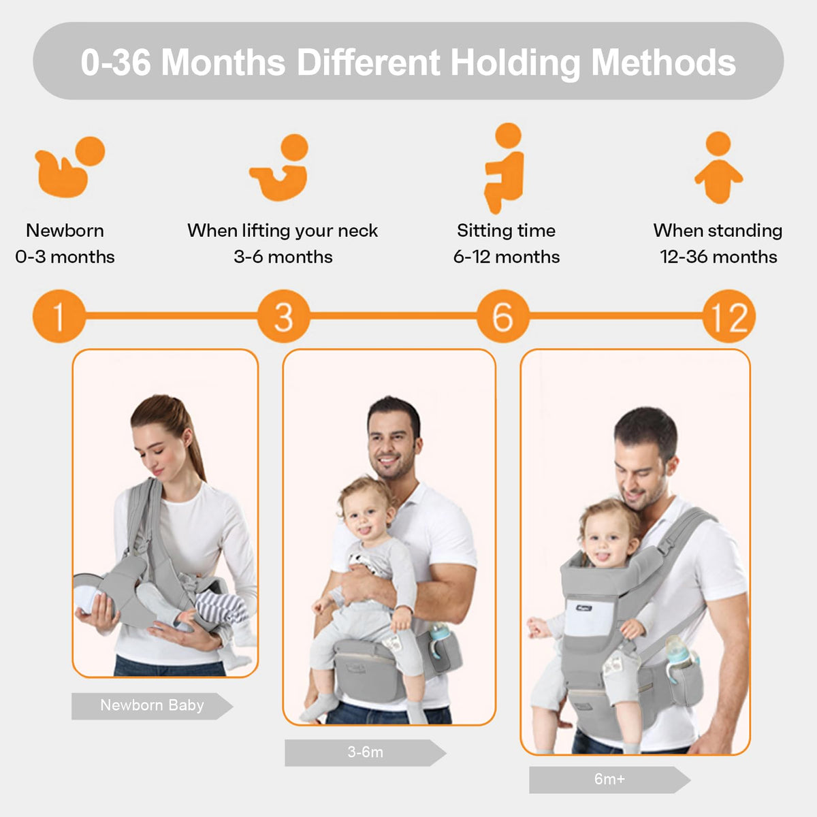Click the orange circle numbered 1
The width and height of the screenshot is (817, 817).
pyautogui.click(x=59, y=316)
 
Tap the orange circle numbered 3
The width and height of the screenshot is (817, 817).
pyautogui.click(x=283, y=316)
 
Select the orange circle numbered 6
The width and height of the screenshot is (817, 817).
pyautogui.click(x=502, y=316)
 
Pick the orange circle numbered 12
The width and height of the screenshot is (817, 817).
pyautogui.click(x=728, y=316)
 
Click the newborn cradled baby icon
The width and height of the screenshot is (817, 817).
pyautogui.click(x=68, y=167)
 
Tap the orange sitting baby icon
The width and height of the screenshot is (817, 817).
pyautogui.click(x=504, y=167)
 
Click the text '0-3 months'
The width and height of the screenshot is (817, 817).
pyautogui.click(x=65, y=257)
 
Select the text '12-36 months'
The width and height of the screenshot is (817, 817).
pyautogui.click(x=718, y=257)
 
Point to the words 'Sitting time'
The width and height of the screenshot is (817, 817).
pyautogui.click(x=506, y=231)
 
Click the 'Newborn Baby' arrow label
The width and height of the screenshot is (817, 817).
pyautogui.click(x=152, y=706)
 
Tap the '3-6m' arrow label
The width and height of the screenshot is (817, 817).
pyautogui.click(x=365, y=753)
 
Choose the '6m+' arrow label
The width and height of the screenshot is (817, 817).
pyautogui.click(x=609, y=780)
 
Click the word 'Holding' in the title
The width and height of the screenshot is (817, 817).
pyautogui.click(x=515, y=63)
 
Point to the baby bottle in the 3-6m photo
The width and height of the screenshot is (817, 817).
pyautogui.click(x=440, y=639)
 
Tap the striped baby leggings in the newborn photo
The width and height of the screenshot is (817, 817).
pyautogui.click(x=221, y=606)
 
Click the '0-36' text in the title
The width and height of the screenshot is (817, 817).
pyautogui.click(x=116, y=63)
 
